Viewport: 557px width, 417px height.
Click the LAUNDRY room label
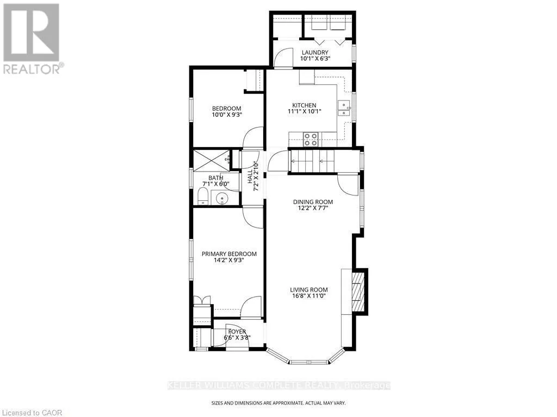(x=315, y=53)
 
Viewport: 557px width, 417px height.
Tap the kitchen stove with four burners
(x=311, y=140)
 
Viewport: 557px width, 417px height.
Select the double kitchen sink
(x=344, y=109)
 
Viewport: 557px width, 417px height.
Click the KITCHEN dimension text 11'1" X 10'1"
(x=305, y=111)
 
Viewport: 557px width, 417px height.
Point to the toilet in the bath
(x=202, y=196)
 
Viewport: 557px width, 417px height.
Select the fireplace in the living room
(x=359, y=291)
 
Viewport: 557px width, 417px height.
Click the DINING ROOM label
(x=313, y=202)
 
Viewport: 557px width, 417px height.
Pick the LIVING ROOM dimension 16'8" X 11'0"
(x=309, y=296)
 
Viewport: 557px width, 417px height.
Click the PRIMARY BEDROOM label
(x=229, y=254)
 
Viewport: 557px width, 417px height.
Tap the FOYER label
(x=237, y=332)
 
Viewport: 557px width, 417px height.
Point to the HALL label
(x=250, y=176)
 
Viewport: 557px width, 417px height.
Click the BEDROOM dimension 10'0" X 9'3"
(x=227, y=115)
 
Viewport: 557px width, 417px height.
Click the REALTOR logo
(x=33, y=39)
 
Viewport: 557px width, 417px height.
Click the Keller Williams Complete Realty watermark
(x=279, y=386)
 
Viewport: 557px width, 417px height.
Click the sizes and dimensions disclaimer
(x=278, y=403)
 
